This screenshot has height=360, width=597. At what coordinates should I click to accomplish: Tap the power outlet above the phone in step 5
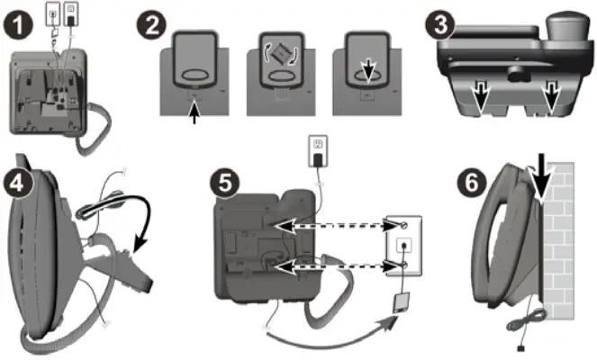tap(315, 151)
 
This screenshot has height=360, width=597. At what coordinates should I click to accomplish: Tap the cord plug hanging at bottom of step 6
tap(520, 345)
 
